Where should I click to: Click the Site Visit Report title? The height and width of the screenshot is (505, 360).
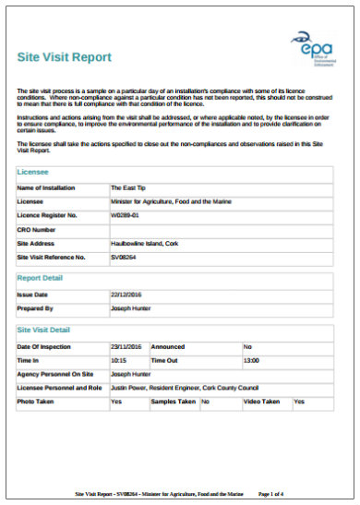pos(66,57)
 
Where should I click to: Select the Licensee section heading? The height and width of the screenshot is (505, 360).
pos(33,173)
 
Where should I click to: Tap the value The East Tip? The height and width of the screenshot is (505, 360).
pos(128,187)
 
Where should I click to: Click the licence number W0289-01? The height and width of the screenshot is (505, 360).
pos(126,215)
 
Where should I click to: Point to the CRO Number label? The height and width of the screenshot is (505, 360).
pos(38,229)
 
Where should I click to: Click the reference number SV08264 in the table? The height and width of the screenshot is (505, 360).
pos(124,257)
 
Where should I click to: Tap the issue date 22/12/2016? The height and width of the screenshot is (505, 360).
pos(126,293)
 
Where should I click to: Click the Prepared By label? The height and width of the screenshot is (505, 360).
pos(36,307)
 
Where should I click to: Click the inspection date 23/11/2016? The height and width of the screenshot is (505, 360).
pos(126,345)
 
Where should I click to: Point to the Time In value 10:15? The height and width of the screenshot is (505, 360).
pos(118,360)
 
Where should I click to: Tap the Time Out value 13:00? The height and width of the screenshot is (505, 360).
pos(251,360)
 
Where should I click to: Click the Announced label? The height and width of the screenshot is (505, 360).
pos(168,345)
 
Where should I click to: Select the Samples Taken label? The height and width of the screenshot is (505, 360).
pos(174,403)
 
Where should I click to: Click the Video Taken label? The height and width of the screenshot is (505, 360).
pos(261,403)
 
